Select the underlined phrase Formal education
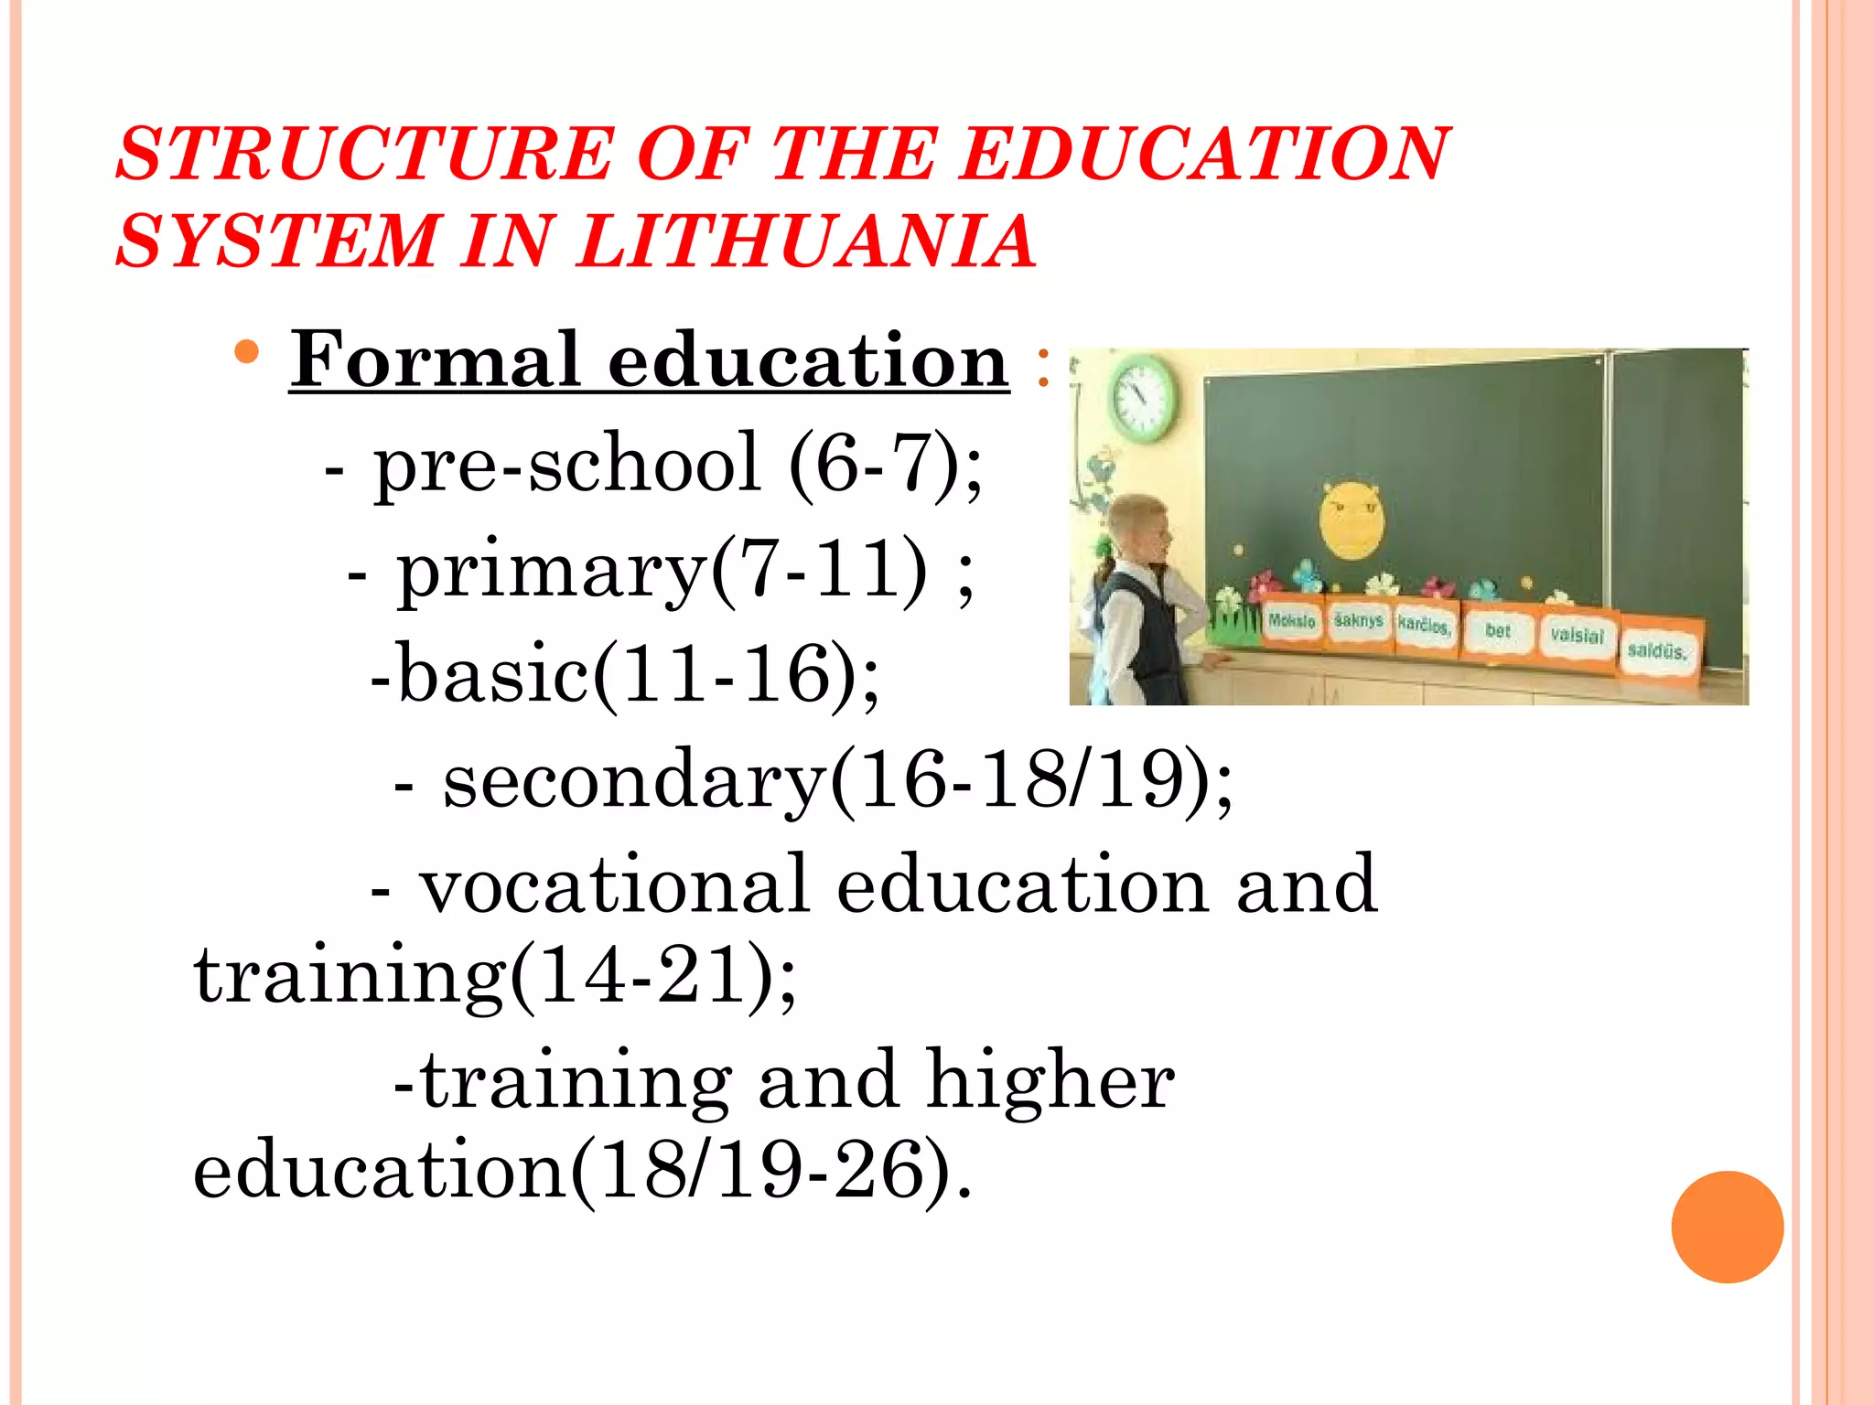pyautogui.click(x=650, y=360)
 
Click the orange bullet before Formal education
pyautogui.click(x=246, y=352)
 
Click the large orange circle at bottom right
pyautogui.click(x=1727, y=1227)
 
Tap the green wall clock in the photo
pyautogui.click(x=1143, y=399)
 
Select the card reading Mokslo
pyautogui.click(x=1292, y=622)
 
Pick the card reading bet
pyautogui.click(x=1498, y=631)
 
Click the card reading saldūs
pyautogui.click(x=1657, y=651)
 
